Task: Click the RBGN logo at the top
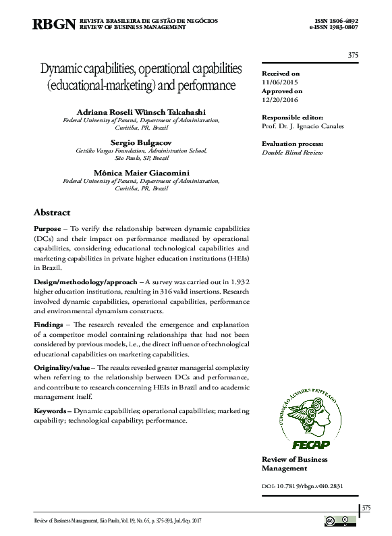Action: (x=54, y=25)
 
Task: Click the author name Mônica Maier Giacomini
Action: (x=141, y=172)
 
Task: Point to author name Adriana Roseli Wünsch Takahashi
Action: (x=141, y=111)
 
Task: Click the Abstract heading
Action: (x=52, y=212)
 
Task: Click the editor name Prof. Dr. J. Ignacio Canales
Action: (x=302, y=126)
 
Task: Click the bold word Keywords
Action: (x=51, y=410)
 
